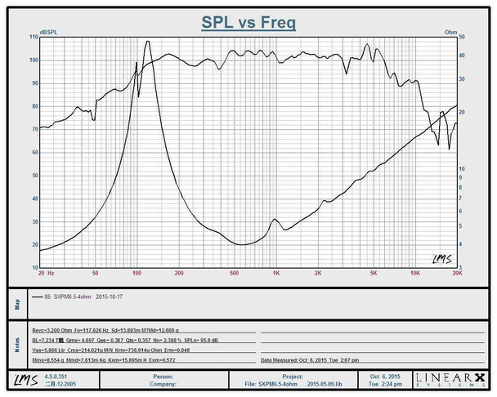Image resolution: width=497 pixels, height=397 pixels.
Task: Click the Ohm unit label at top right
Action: [450, 33]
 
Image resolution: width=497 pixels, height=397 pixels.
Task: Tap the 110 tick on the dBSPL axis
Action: [34, 38]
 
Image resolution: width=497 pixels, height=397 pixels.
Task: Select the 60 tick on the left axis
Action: [34, 153]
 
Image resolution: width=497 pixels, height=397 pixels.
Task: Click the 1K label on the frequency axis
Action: [276, 273]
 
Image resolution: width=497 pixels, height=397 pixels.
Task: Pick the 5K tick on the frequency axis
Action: [374, 273]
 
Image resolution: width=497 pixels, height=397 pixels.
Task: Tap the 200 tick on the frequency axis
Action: [179, 273]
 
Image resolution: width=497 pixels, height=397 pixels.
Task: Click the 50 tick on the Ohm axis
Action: [462, 38]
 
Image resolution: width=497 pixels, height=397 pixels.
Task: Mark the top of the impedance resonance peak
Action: [147, 42]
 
